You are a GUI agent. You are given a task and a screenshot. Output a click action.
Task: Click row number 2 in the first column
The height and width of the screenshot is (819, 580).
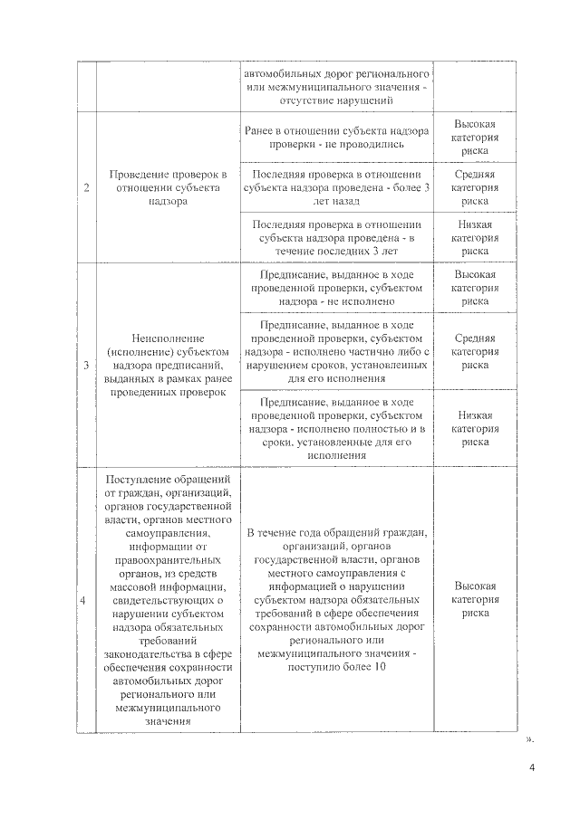point(86,188)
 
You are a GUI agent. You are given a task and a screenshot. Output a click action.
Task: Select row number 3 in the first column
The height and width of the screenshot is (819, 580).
point(86,366)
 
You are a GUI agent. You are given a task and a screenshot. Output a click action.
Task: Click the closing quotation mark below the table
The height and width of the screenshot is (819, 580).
point(529,738)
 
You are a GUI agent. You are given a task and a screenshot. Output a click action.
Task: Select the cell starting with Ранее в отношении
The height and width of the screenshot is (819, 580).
point(336,137)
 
